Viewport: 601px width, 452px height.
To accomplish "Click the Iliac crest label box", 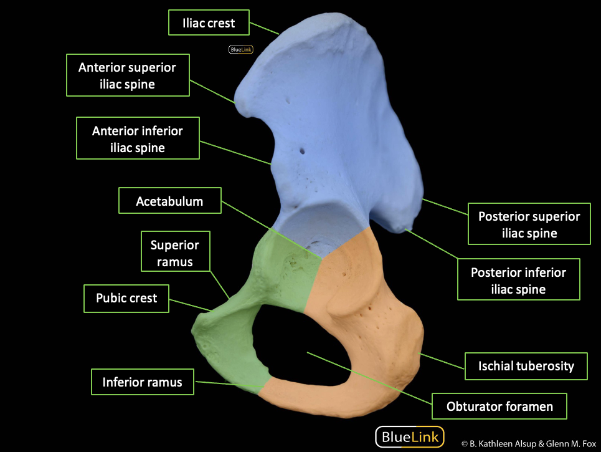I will click(x=209, y=23).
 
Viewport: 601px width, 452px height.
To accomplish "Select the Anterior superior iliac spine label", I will click(x=127, y=75).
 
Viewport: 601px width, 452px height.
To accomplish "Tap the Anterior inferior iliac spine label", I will click(x=137, y=139).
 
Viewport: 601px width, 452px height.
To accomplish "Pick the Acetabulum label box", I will click(x=169, y=201).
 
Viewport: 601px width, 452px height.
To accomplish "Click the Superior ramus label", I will click(x=176, y=253).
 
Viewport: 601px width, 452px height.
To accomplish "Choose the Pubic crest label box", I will click(x=126, y=298).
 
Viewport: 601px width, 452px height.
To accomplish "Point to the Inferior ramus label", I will click(x=142, y=382).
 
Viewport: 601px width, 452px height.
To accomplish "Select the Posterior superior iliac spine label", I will click(x=528, y=224).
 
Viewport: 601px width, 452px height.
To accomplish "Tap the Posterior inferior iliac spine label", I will click(x=518, y=281).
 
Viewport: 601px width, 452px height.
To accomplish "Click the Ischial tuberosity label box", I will click(x=526, y=365).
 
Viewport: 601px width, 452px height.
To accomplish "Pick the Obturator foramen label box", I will click(x=499, y=406).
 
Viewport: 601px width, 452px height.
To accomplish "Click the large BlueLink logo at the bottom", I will click(x=410, y=436).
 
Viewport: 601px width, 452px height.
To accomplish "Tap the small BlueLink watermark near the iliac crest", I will click(x=236, y=50).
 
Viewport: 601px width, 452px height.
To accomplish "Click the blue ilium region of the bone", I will click(x=336, y=125).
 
